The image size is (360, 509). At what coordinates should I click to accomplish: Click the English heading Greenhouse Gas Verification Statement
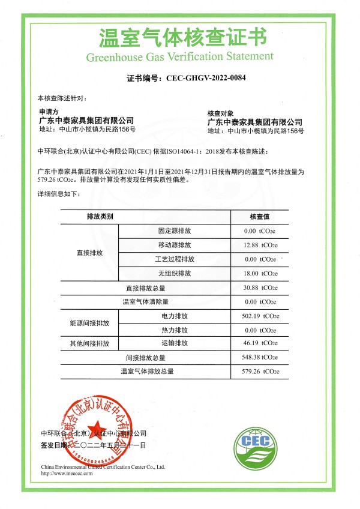pyautogui.click(x=180, y=57)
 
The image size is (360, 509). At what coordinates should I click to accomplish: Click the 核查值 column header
pyautogui.click(x=260, y=216)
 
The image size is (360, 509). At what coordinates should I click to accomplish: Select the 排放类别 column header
pyautogui.click(x=100, y=216)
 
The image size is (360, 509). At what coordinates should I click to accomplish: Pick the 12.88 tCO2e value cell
pyautogui.click(x=260, y=245)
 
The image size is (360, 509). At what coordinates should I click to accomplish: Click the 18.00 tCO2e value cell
pyautogui.click(x=260, y=274)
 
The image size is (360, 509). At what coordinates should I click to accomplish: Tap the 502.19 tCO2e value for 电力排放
pyautogui.click(x=260, y=316)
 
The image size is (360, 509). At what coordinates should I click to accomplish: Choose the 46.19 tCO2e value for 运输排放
pyautogui.click(x=260, y=343)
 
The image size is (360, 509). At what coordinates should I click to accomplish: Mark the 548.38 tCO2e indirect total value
pyautogui.click(x=260, y=357)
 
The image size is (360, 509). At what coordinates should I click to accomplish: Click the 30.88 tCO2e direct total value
pyautogui.click(x=260, y=288)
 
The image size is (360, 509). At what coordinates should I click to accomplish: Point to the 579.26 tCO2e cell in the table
pyautogui.click(x=260, y=372)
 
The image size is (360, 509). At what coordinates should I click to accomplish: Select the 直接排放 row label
pyautogui.click(x=90, y=253)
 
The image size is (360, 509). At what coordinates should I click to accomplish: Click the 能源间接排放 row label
pyautogui.click(x=90, y=324)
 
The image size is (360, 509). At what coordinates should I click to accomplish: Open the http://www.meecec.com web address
pyautogui.click(x=67, y=473)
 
